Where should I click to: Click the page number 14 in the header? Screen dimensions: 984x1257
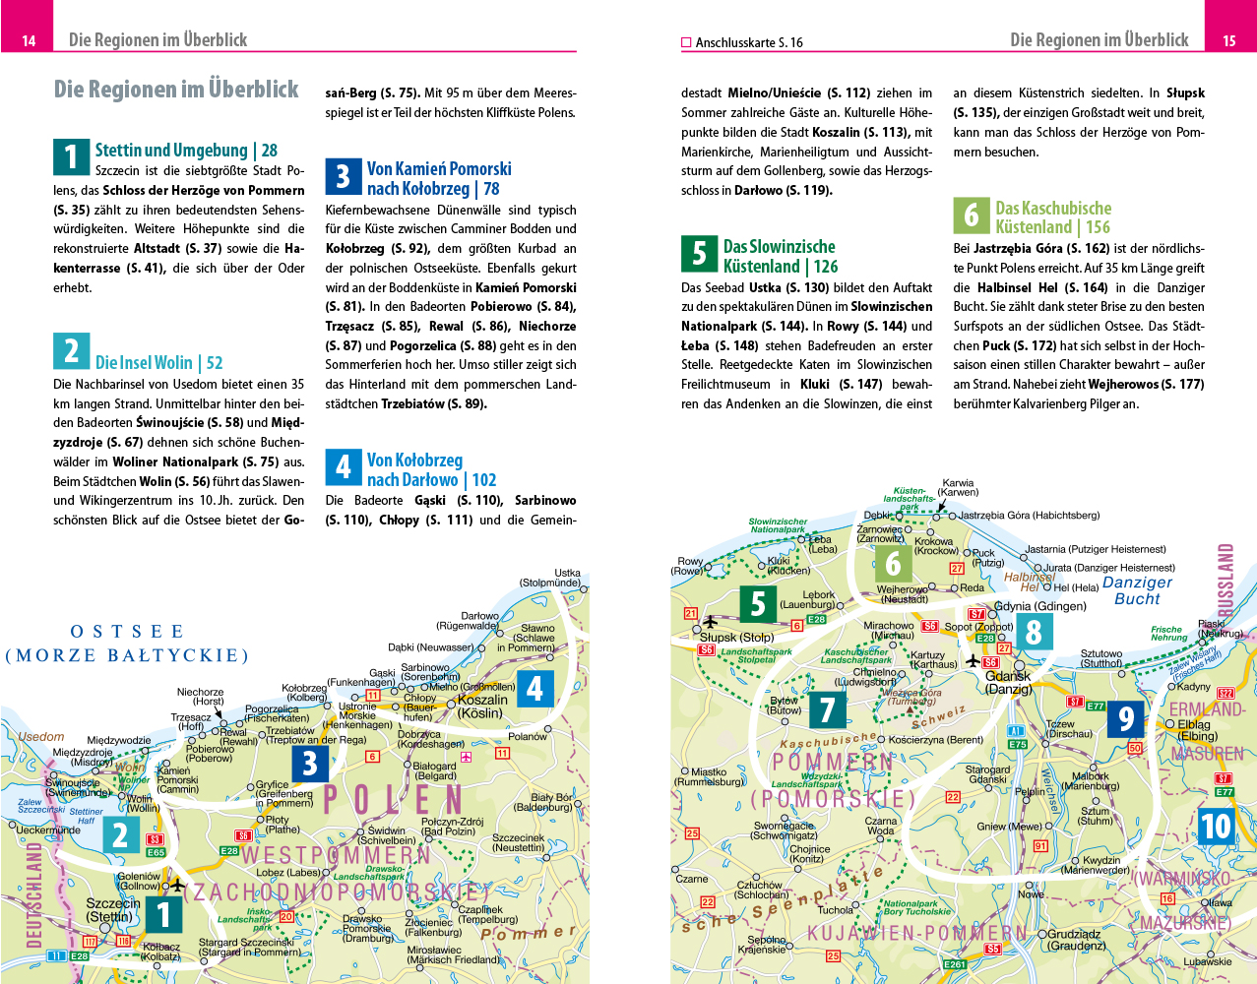click(x=29, y=40)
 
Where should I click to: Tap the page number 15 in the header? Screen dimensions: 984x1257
click(x=1228, y=40)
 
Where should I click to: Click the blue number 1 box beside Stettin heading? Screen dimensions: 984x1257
click(x=71, y=156)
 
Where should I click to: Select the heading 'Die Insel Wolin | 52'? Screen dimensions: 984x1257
click(x=158, y=363)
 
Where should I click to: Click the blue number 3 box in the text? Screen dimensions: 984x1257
click(x=343, y=177)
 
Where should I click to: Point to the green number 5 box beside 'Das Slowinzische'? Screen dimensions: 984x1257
click(x=699, y=254)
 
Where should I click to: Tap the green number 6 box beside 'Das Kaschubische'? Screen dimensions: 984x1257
click(x=971, y=215)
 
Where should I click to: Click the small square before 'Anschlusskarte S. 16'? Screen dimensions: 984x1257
click(x=686, y=42)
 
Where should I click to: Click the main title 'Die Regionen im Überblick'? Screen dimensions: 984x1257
click(x=176, y=90)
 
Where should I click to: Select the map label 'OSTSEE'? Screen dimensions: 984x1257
click(x=127, y=632)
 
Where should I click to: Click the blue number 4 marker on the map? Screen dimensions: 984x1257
click(x=534, y=689)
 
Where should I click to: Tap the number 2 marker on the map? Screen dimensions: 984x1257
click(x=121, y=835)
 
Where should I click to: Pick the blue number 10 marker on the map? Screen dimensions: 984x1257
click(x=1216, y=826)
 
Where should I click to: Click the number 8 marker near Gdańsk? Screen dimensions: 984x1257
click(x=1033, y=631)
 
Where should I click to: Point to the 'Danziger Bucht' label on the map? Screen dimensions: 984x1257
click(x=1137, y=590)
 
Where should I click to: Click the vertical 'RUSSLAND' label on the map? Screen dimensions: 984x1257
click(x=1226, y=580)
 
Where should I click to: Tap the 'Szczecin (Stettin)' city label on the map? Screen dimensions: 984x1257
click(x=111, y=910)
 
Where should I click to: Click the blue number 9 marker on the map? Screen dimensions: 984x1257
click(x=1125, y=719)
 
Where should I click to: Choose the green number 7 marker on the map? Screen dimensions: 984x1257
click(x=827, y=708)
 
